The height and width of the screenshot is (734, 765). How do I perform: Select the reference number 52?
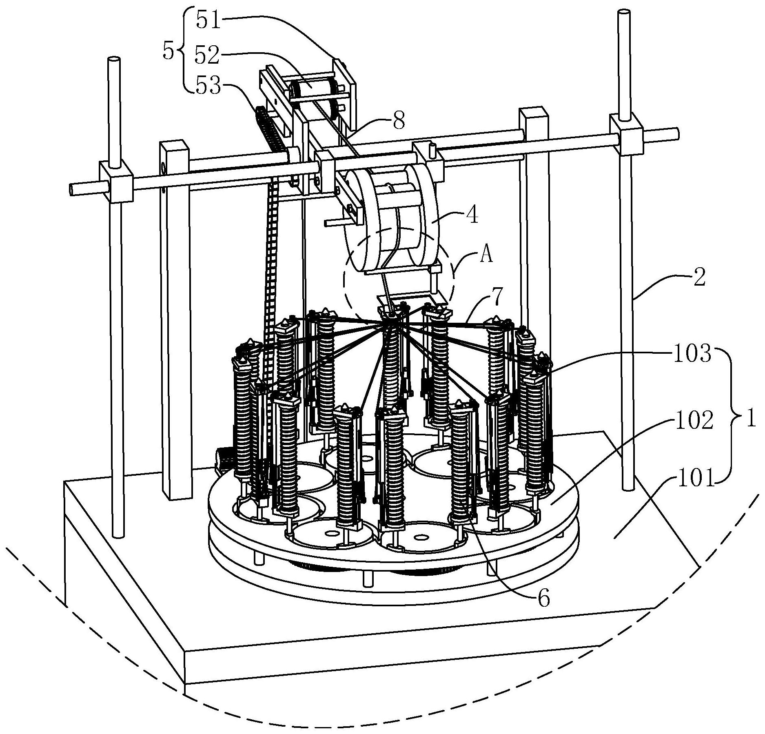(207, 55)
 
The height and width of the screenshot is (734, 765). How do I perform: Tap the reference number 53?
(208, 86)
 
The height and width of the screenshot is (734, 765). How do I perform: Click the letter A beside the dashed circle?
(486, 256)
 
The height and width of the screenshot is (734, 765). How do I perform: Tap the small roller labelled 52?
(312, 88)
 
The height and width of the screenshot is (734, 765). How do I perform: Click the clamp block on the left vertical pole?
(116, 182)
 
